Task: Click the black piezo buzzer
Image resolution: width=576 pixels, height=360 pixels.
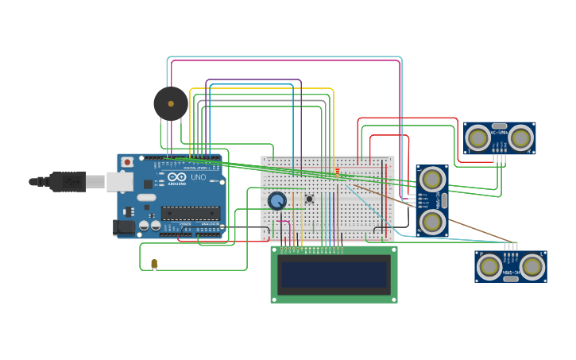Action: [171, 103]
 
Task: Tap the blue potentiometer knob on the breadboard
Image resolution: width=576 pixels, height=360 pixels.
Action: [276, 201]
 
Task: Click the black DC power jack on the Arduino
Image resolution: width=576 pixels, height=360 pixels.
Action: [124, 226]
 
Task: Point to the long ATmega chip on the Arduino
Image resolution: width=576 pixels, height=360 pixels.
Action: [191, 212]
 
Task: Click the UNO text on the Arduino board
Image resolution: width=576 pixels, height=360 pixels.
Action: [198, 177]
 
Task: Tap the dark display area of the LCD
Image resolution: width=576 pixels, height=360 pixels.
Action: [334, 275]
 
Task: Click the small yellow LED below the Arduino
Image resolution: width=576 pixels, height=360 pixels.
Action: [154, 263]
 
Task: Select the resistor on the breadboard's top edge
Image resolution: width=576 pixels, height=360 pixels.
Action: [338, 171]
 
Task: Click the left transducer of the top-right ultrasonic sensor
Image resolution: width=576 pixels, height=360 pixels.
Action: [478, 138]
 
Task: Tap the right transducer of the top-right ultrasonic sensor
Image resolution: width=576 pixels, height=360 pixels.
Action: [520, 138]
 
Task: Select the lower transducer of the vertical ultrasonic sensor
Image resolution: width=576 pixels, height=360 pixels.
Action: [432, 221]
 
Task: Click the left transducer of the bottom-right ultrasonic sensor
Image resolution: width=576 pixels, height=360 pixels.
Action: [489, 266]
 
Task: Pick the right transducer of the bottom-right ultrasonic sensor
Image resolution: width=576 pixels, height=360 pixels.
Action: [532, 266]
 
